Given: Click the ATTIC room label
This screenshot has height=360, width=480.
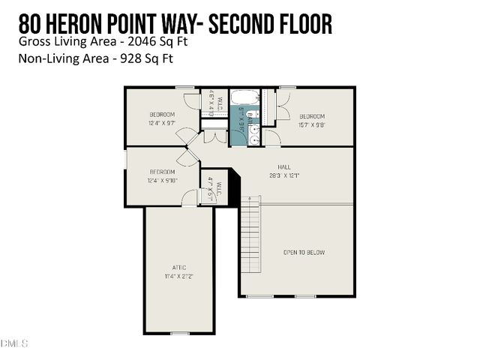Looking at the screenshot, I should point(178,267).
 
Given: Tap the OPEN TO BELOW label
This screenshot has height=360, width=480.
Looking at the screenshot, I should point(304,253).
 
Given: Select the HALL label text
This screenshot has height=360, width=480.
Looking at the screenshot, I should point(285,167).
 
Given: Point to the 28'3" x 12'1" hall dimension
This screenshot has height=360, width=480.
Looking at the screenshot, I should point(285,175).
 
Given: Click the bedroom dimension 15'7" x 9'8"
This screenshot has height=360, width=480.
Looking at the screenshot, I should point(312,124).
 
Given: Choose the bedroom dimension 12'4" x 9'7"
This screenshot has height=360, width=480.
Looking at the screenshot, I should point(162,123).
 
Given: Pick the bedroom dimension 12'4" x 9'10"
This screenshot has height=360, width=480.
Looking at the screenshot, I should point(162,179).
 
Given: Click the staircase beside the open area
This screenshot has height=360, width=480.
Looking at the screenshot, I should point(250,236).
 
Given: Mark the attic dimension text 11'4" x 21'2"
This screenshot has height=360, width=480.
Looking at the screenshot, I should point(178,275).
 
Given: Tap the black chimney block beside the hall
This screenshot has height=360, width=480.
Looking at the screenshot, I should point(232,188).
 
